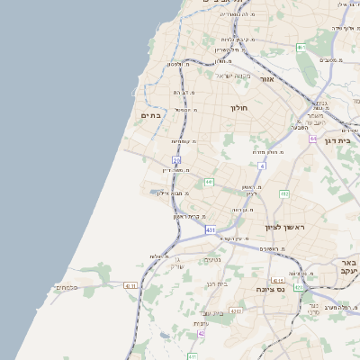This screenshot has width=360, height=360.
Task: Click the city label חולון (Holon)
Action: [238, 108]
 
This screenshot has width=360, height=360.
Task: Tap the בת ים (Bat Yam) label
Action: [149, 115]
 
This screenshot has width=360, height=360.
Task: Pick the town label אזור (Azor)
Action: [266, 80]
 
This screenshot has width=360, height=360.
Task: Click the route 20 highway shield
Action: [176, 159]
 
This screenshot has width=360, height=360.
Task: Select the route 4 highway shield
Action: [262, 166]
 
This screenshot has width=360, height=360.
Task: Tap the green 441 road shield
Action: [208, 182]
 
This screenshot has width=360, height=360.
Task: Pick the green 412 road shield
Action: [284, 193]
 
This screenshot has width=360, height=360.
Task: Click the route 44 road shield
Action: [313, 139]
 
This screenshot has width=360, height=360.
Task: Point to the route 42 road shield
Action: [202, 333]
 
